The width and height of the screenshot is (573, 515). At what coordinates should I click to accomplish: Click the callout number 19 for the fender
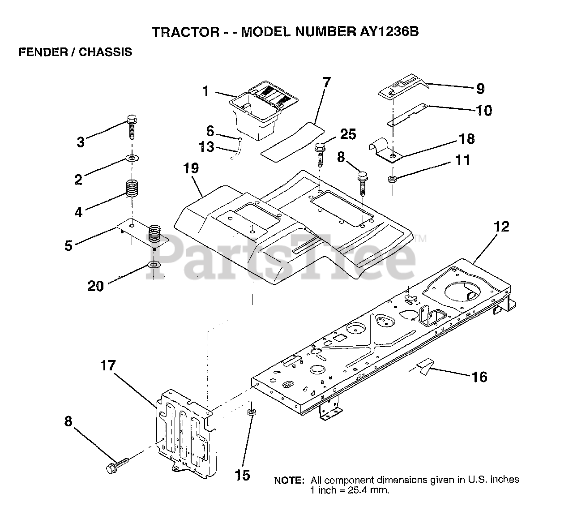click(191, 169)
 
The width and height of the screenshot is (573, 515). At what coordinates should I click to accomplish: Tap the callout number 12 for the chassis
click(502, 227)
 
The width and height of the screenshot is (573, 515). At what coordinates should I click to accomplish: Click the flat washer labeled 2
click(133, 159)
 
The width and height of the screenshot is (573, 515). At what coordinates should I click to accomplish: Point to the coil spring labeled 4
click(131, 188)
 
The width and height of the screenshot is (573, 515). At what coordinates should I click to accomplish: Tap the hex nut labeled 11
click(392, 179)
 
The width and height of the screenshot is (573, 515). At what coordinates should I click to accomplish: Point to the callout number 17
click(107, 366)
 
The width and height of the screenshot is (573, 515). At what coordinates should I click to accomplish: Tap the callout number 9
click(480, 89)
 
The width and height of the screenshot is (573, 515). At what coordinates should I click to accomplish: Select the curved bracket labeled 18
click(385, 151)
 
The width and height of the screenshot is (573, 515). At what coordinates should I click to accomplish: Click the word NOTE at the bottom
click(289, 481)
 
